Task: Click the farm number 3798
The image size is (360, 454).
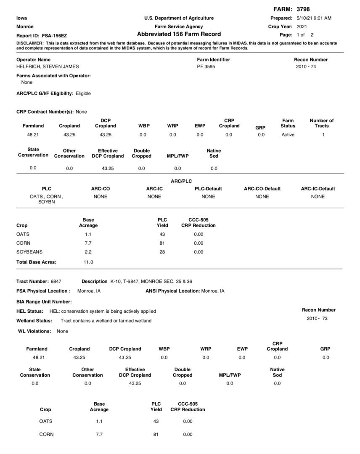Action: [303, 9]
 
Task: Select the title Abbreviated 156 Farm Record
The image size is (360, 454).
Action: [179, 34]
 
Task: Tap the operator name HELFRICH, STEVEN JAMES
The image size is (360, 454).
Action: [47, 66]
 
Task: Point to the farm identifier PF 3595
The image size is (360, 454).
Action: [206, 66]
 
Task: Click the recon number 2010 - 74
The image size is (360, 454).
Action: [306, 66]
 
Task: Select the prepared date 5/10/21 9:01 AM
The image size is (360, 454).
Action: [314, 18]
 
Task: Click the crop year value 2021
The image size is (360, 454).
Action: [302, 26]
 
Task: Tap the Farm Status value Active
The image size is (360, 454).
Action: [288, 135]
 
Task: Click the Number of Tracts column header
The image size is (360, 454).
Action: [322, 123]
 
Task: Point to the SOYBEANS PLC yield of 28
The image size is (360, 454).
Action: [162, 252]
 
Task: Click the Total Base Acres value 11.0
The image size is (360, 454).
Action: [88, 262]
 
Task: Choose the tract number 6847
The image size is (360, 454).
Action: [56, 281]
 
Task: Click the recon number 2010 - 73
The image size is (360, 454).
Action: [317, 319]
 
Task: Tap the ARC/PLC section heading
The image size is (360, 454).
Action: [181, 181]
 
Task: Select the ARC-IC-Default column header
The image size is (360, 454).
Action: [318, 189]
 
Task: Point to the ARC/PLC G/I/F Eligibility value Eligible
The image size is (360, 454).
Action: [83, 93]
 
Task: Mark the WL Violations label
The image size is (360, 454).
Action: [33, 331]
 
